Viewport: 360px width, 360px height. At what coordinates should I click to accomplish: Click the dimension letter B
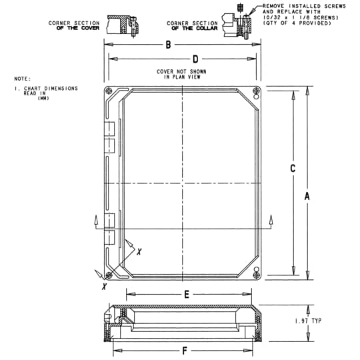tap(169, 45)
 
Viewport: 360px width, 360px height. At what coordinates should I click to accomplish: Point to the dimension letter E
tap(187, 293)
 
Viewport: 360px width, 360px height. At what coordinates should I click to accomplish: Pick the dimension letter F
tap(185, 351)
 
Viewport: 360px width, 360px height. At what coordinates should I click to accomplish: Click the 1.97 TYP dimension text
tap(308, 321)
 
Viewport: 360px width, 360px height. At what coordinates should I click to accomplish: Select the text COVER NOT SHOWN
tap(181, 71)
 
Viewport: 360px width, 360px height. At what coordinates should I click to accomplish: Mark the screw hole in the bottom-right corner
tap(257, 271)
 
